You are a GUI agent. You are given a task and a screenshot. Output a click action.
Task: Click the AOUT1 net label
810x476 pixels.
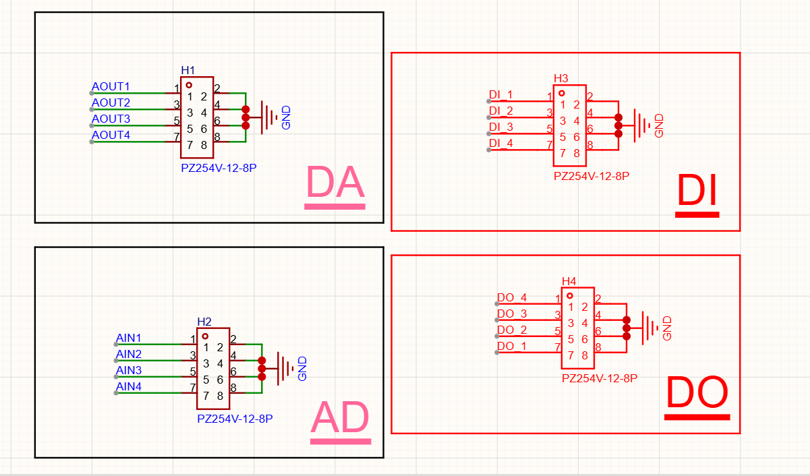coord(111,86)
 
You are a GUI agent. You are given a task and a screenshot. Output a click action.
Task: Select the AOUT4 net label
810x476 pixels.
coord(111,135)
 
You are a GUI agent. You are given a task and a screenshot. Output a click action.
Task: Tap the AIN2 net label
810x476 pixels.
coord(129,354)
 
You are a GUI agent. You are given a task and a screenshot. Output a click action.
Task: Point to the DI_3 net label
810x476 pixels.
coord(501,127)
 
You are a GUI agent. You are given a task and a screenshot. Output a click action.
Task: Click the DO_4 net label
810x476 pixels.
coord(512,297)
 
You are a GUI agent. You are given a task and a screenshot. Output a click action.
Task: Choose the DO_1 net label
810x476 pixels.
coord(512,346)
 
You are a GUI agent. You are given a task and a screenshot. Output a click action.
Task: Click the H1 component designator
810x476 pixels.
coord(188,70)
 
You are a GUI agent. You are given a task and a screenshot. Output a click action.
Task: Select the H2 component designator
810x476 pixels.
coord(204,322)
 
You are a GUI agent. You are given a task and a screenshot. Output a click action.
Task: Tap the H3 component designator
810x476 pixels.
coord(561,78)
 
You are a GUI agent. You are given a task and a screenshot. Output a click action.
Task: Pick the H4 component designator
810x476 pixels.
coord(569,281)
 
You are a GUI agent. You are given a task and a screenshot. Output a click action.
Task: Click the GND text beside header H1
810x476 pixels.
coord(286,117)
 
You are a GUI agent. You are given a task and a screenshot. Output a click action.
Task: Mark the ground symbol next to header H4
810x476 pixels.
coord(649,328)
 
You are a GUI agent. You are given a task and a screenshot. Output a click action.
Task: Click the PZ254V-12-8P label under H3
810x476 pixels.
coord(591,176)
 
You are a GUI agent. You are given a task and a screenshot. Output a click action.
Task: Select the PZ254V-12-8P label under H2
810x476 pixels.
coord(235,419)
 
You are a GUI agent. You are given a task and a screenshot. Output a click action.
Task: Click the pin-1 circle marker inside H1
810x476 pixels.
coord(189,86)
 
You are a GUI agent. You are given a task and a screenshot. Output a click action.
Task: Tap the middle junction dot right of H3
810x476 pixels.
coord(618,126)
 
